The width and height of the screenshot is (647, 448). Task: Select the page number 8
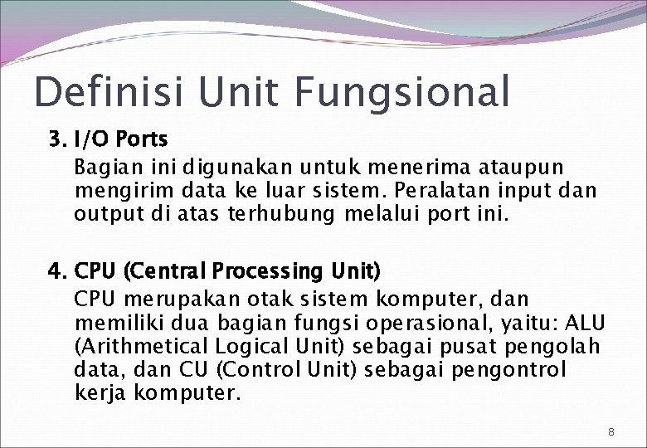pyautogui.click(x=611, y=431)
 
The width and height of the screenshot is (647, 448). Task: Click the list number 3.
pyautogui.click(x=56, y=139)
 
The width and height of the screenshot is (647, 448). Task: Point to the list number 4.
pyautogui.click(x=56, y=271)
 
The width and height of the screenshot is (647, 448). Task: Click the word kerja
pyautogui.click(x=98, y=393)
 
